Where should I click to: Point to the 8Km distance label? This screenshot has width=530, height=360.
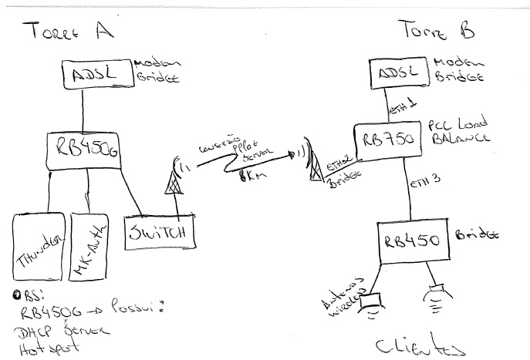(249, 177)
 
